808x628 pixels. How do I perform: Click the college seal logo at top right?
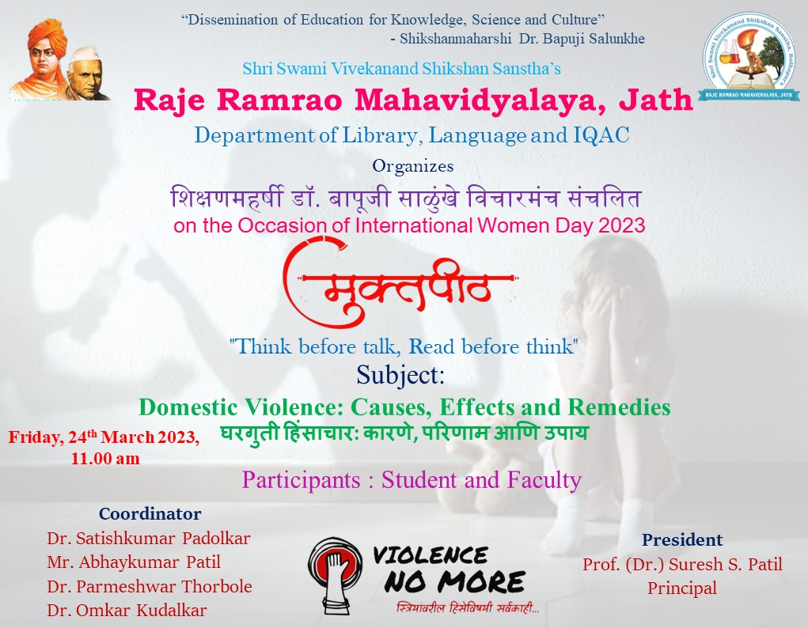(x=749, y=56)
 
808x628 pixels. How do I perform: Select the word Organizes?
(x=413, y=166)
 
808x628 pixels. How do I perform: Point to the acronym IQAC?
(x=601, y=135)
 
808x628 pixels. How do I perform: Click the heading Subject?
(x=400, y=375)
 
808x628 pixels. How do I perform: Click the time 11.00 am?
(x=105, y=458)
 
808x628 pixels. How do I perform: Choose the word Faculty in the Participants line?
(x=544, y=480)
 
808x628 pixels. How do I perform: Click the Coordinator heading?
(x=150, y=513)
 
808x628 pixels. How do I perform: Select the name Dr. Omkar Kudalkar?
(x=127, y=610)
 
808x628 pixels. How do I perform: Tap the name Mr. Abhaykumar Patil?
(x=134, y=562)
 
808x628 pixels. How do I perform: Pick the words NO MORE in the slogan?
(x=454, y=582)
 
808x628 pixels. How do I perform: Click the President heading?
(x=682, y=539)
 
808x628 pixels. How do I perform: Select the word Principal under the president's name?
(x=682, y=588)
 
